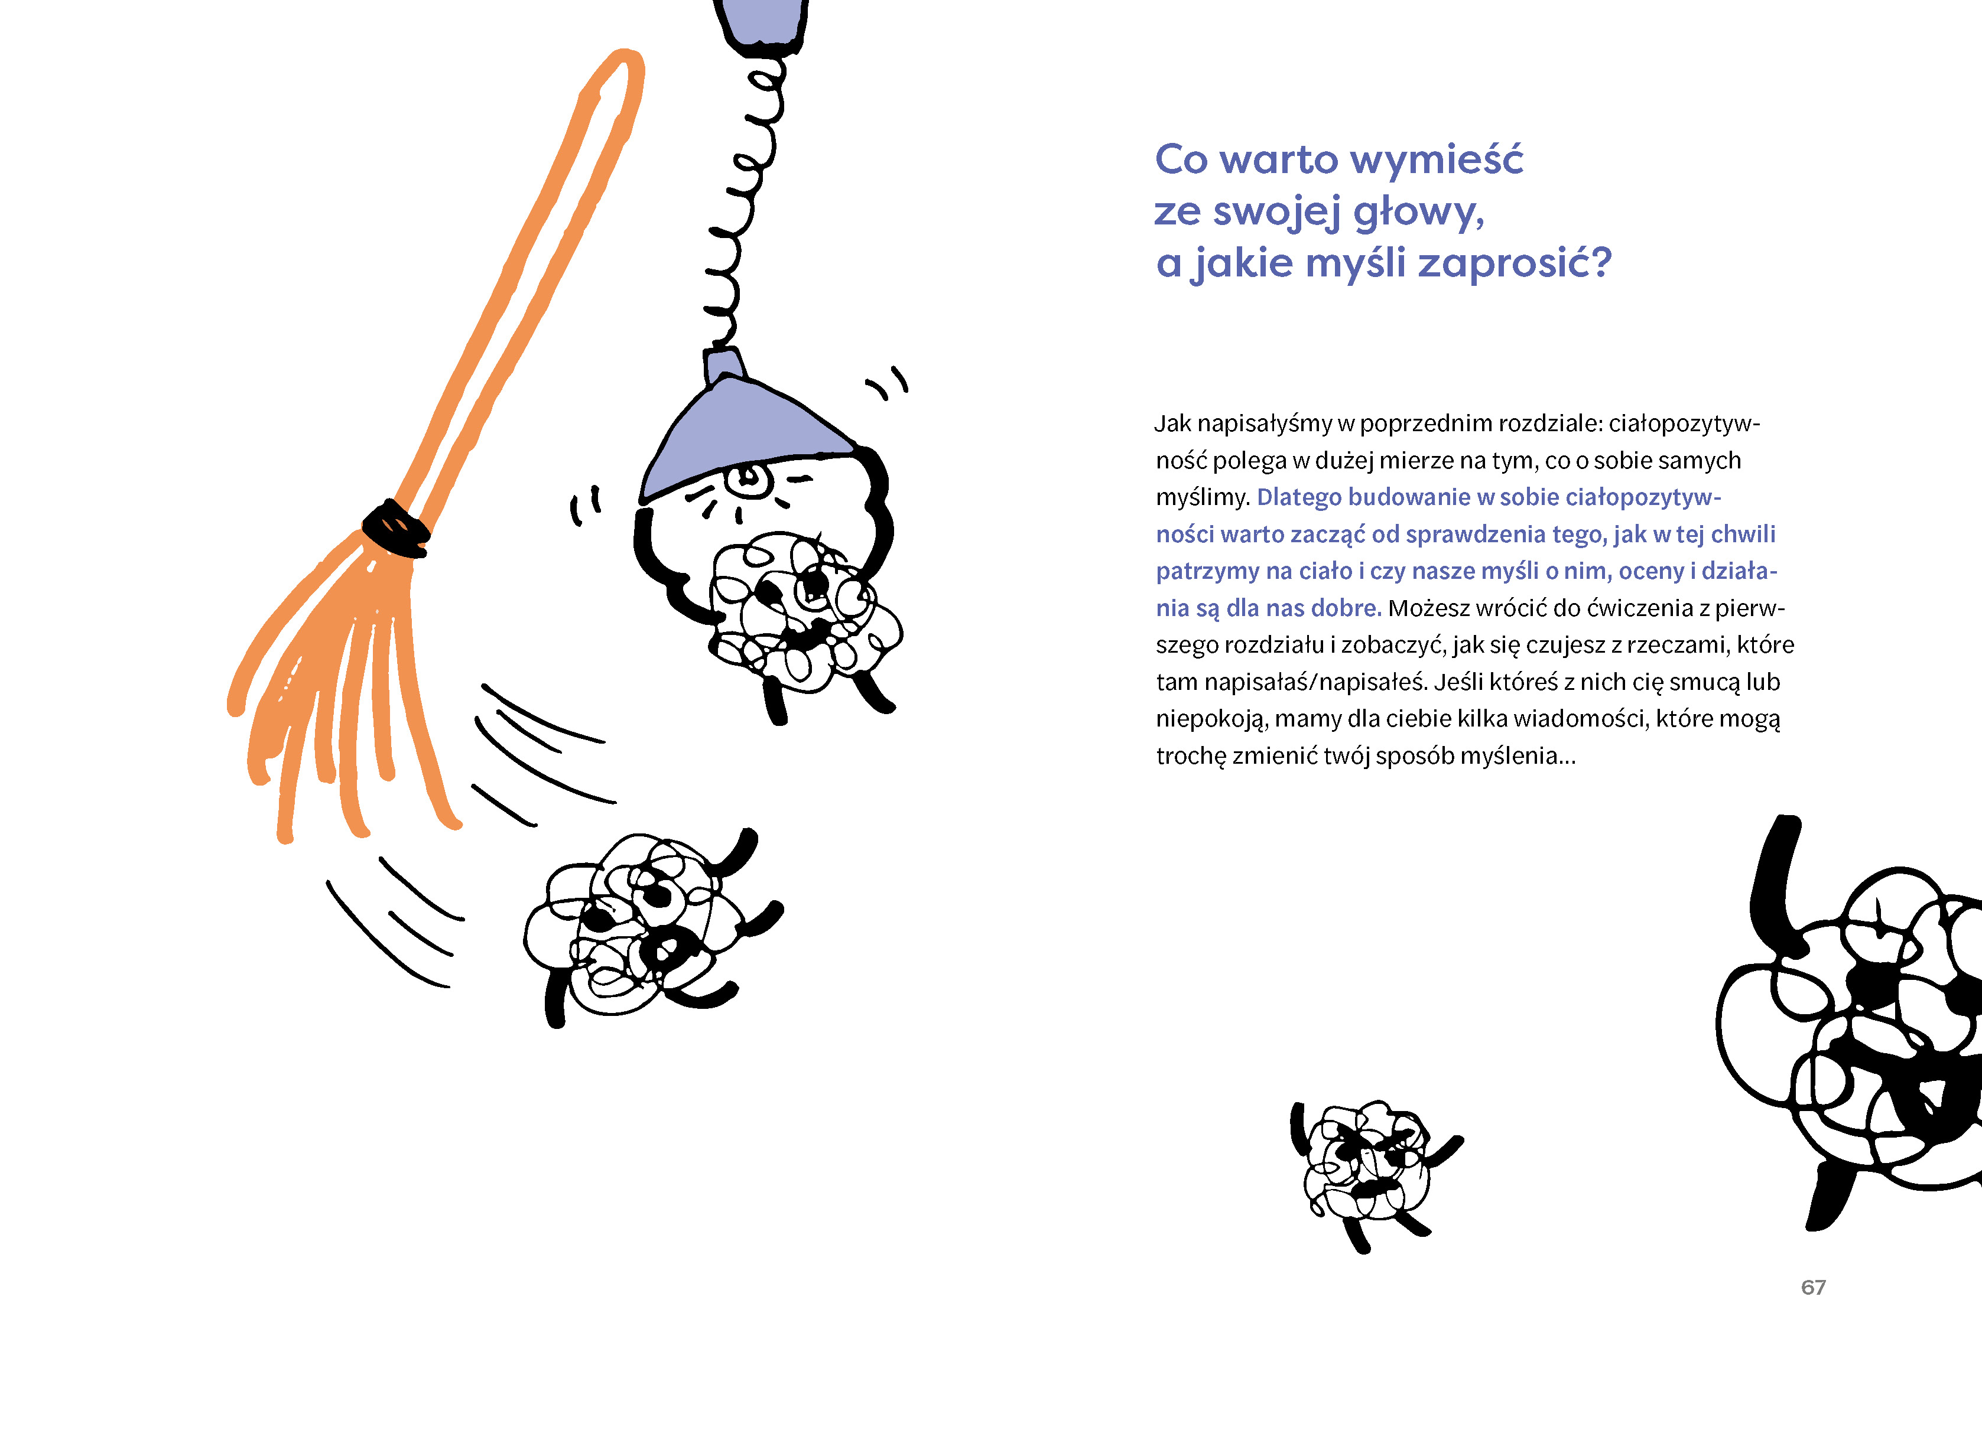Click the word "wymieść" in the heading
pyautogui.click(x=1437, y=161)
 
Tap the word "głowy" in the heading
pyautogui.click(x=1416, y=212)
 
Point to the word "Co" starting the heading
pyautogui.click(x=1181, y=160)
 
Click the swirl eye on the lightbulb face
pyautogui.click(x=748, y=478)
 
